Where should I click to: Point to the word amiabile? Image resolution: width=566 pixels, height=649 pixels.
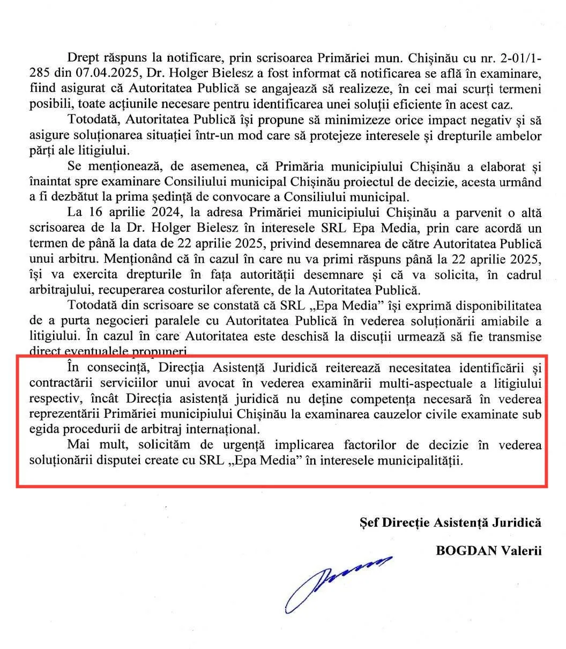[x=509, y=321]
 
